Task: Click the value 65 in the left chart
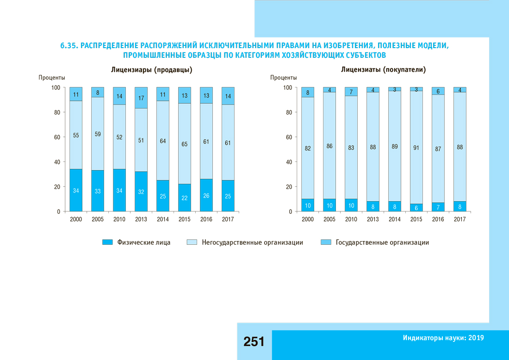(185, 144)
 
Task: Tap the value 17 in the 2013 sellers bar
(141, 98)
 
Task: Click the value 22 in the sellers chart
(185, 198)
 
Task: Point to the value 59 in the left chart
(98, 135)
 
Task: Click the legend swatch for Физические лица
(107, 242)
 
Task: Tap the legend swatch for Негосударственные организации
(192, 242)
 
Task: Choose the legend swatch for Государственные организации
(326, 242)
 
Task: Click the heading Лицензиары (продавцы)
(152, 70)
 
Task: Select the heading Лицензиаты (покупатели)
(383, 70)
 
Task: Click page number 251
(254, 342)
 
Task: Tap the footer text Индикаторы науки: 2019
(443, 338)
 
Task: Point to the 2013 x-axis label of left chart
(141, 219)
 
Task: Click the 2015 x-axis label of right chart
(416, 219)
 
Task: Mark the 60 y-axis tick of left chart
(57, 137)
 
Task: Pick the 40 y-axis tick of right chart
(288, 162)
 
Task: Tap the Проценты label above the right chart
(284, 78)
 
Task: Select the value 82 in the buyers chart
(308, 149)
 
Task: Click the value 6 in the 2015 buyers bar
(416, 208)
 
